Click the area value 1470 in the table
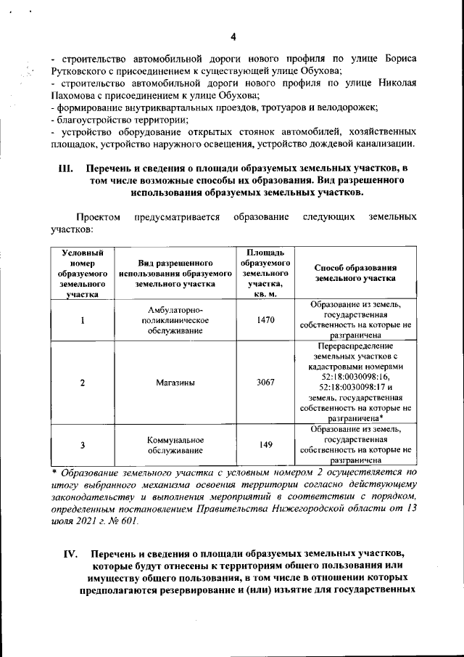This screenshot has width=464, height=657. click(x=265, y=320)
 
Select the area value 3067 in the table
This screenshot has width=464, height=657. click(x=265, y=383)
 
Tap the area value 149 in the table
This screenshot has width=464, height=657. click(x=265, y=445)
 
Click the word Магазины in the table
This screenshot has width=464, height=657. click(x=175, y=383)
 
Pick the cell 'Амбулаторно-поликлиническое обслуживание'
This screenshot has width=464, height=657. click(x=175, y=320)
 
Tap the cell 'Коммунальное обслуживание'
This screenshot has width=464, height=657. click(x=175, y=445)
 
